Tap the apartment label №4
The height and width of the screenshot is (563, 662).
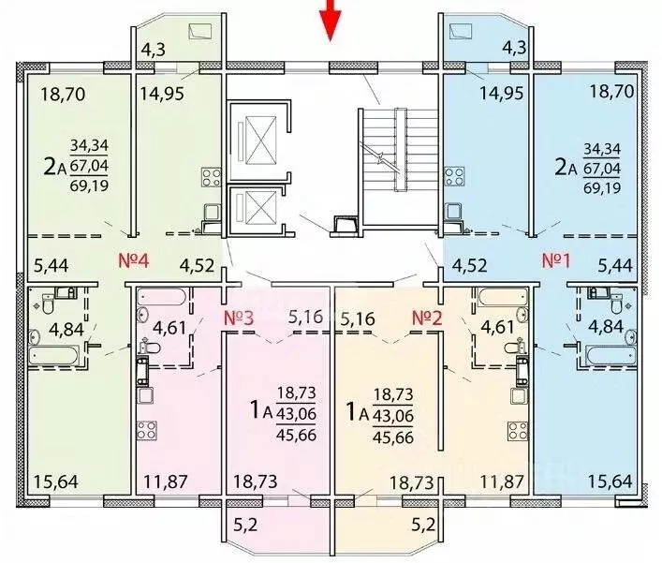134,260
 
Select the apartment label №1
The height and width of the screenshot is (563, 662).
556,260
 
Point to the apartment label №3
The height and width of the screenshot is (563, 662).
239,318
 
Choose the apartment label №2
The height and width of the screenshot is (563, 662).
427,318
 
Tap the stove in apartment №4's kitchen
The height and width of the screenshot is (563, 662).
211,177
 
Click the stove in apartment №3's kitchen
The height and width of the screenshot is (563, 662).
146,431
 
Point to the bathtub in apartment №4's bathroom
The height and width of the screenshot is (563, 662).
54,355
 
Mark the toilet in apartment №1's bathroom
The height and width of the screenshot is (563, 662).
617,304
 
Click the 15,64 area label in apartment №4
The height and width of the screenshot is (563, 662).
56,482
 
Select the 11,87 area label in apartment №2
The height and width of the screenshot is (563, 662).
502,482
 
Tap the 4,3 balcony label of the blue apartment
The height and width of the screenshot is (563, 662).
515,47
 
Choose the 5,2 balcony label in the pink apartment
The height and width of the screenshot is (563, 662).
245,526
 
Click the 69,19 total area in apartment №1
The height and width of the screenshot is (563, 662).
602,187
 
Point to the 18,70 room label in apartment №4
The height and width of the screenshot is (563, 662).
64,95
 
